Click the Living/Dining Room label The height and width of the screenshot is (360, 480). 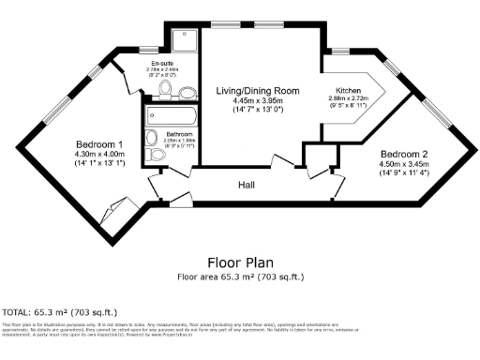point(258,91)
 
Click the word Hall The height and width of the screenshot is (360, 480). point(247,185)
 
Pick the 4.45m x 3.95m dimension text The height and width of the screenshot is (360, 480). point(258,101)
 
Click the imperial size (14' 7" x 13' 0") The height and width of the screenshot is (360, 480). point(258,112)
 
